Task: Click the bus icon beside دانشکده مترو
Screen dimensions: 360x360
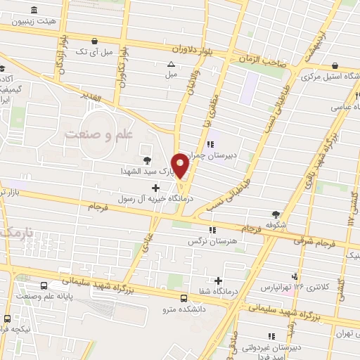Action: pyautogui.click(x=184, y=297)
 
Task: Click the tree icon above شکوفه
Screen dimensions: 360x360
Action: pyautogui.click(x=276, y=214)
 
